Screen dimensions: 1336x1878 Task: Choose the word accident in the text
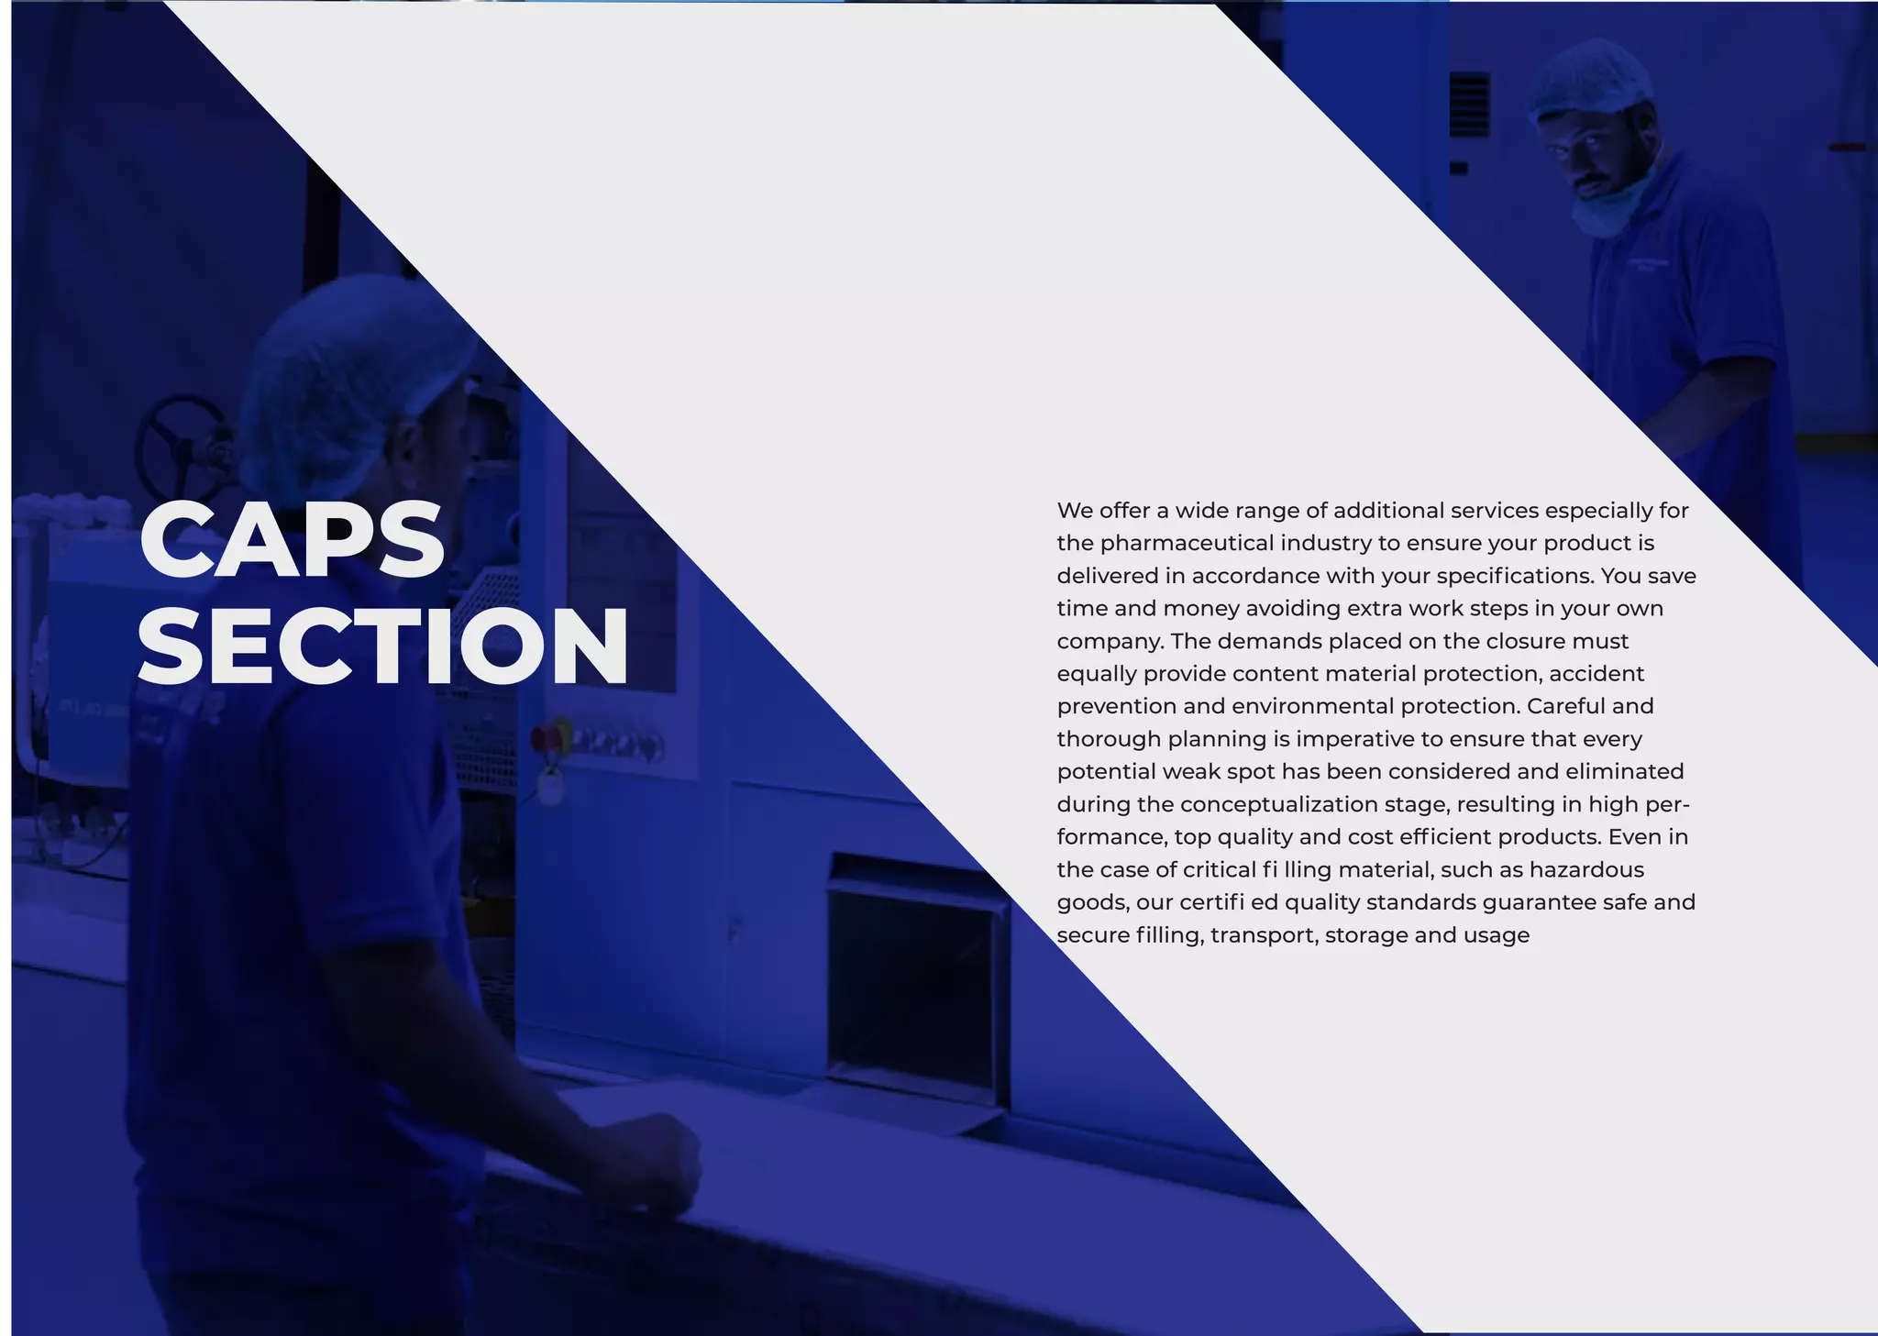[x=1596, y=674]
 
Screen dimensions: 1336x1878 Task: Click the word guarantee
[x=1539, y=902]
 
